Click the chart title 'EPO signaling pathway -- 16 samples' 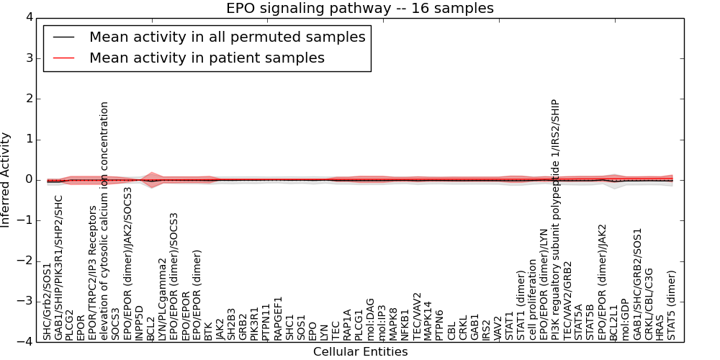(x=360, y=9)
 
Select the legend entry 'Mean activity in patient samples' (x=207, y=58)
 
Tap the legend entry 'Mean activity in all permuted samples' (x=227, y=37)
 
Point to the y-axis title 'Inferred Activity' (x=6, y=180)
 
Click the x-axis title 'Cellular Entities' (x=360, y=352)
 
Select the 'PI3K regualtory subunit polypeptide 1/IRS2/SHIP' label (x=555, y=219)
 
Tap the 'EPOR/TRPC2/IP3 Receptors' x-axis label (x=93, y=273)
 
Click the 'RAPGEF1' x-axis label (x=278, y=318)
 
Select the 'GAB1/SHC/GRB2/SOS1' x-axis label (x=636, y=284)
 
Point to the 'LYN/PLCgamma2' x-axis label (x=163, y=299)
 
